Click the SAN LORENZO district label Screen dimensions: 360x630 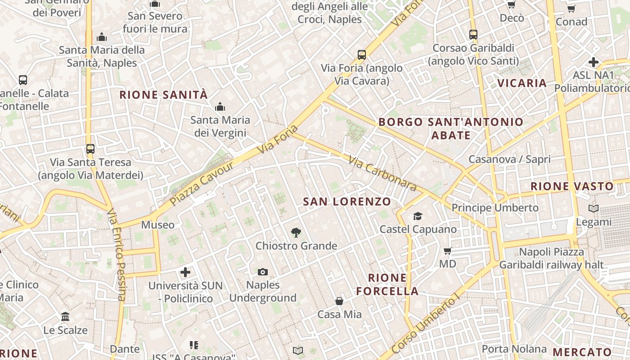click(x=347, y=202)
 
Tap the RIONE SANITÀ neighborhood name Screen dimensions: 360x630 click(x=164, y=95)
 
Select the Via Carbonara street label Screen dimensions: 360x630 click(x=382, y=173)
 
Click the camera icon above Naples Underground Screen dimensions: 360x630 click(x=263, y=272)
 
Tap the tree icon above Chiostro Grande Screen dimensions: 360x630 click(x=296, y=233)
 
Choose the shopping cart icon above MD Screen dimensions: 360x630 click(x=447, y=251)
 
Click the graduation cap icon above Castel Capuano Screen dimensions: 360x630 click(x=418, y=216)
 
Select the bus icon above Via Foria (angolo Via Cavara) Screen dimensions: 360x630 click(x=362, y=55)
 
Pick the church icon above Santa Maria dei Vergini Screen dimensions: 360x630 click(x=220, y=107)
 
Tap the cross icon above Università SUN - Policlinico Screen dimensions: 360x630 click(x=185, y=272)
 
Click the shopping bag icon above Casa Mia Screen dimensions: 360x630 click(x=339, y=301)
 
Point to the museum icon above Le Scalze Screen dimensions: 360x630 click(x=65, y=317)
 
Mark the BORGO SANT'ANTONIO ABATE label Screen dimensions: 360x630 click(x=451, y=128)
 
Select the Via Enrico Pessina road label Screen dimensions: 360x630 click(x=116, y=254)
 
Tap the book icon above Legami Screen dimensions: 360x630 click(x=594, y=209)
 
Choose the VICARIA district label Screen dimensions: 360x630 click(x=522, y=83)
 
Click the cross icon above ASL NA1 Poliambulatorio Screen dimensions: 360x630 click(x=594, y=62)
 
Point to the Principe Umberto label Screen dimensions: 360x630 click(x=495, y=207)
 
